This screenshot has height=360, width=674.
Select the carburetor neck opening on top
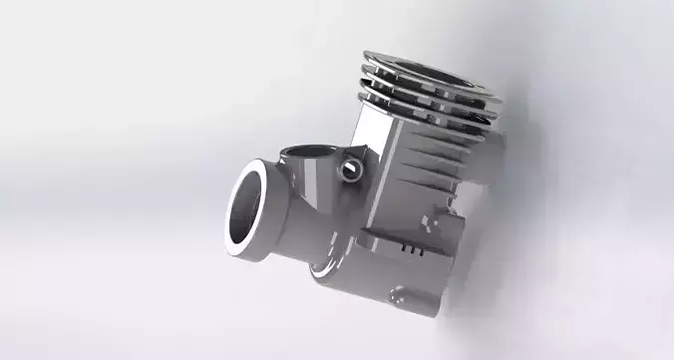(x=304, y=155)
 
